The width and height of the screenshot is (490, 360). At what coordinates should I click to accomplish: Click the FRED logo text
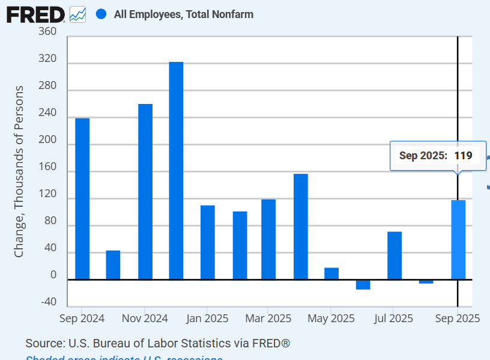coord(35,14)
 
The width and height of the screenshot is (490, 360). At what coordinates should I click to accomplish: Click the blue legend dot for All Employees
coord(101,14)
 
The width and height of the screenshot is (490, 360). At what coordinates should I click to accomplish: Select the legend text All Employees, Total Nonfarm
coord(183,14)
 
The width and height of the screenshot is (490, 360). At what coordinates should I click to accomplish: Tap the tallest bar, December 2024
coord(176,171)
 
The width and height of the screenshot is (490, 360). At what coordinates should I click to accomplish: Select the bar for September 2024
coord(82,198)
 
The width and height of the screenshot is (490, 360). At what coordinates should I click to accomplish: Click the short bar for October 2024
coord(113,264)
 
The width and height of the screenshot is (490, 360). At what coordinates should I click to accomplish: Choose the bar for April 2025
coord(301,227)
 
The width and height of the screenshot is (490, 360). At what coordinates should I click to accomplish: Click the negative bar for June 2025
coord(363,285)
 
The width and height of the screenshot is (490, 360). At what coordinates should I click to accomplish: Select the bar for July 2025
coord(395,255)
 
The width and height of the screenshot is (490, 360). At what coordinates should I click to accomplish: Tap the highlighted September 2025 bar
coord(458,240)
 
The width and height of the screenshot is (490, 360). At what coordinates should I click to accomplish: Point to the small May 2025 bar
coord(331,273)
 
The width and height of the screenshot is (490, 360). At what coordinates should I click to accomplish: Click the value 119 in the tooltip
coord(463,156)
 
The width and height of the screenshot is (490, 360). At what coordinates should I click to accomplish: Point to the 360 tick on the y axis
coord(47,32)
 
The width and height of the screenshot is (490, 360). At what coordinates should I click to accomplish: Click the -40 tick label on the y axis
coord(49,302)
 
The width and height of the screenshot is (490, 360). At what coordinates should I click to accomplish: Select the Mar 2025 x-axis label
coord(268,318)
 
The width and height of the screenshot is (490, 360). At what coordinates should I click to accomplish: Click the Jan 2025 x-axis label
coord(207,318)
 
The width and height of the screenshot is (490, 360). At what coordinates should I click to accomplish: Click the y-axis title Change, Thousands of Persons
coord(19,171)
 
